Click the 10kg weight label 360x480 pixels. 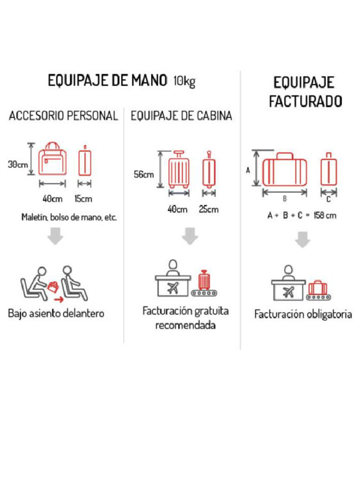coord(184,82)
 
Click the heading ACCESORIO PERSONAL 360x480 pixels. coord(63,116)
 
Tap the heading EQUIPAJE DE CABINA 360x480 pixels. coord(181,116)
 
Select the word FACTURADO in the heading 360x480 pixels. coord(305,101)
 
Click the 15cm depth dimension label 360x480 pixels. coord(83,198)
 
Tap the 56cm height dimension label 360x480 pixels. coord(143,174)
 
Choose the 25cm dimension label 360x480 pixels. coord(208,209)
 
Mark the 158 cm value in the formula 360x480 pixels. coord(325,216)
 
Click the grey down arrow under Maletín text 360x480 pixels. coord(55,236)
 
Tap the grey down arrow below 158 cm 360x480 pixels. coord(303,240)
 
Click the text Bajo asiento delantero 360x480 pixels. coord(56,313)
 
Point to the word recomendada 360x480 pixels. coord(185,325)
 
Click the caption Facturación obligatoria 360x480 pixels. coord(303,314)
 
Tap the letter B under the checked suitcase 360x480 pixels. coord(285,199)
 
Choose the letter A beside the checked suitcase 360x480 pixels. coord(248,171)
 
